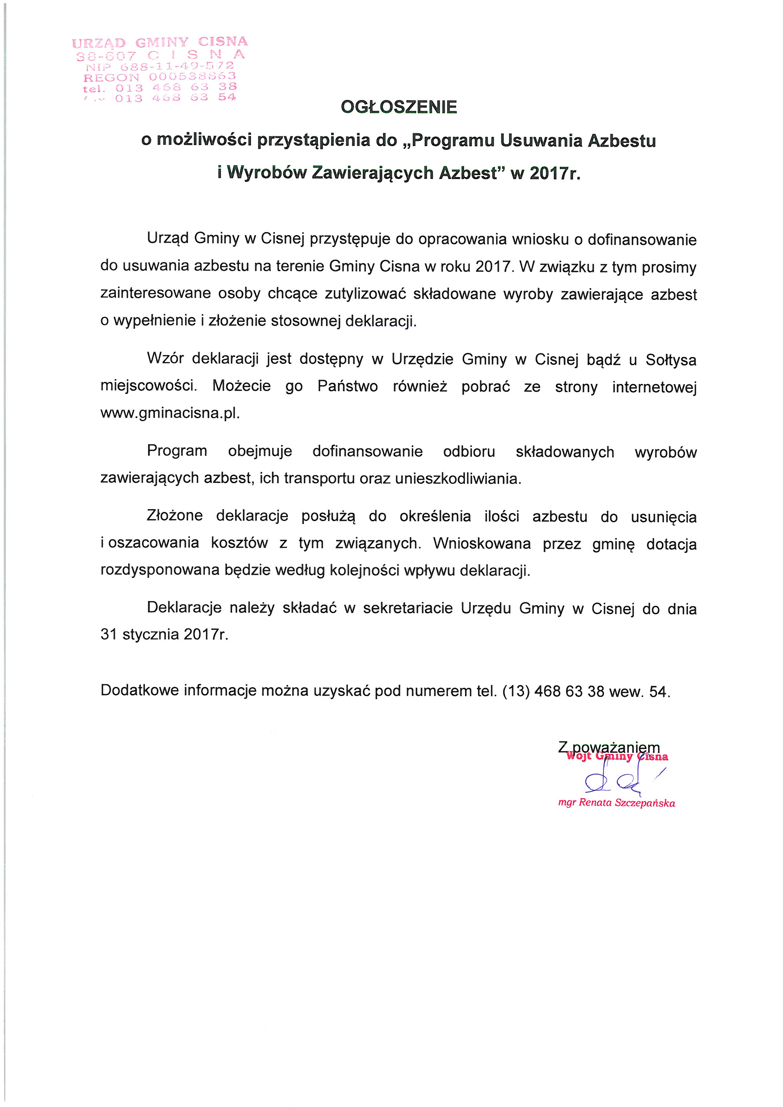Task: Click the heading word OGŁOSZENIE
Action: pyautogui.click(x=399, y=107)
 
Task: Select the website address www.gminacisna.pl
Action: pyautogui.click(x=170, y=413)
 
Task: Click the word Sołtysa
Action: pyautogui.click(x=671, y=360)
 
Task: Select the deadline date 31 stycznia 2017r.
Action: pyautogui.click(x=164, y=634)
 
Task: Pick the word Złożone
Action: pyautogui.click(x=175, y=516)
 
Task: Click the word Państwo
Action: pyautogui.click(x=348, y=387)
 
